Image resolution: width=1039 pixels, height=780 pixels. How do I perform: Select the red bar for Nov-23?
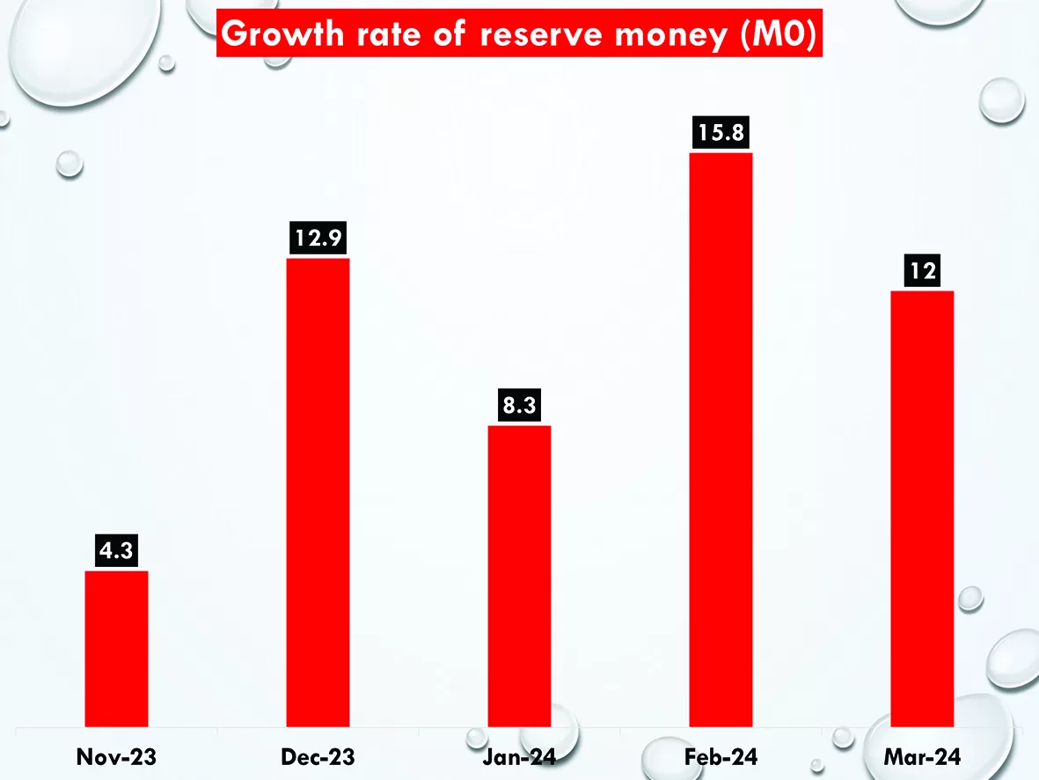point(116,648)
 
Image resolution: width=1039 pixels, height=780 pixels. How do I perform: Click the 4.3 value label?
point(116,553)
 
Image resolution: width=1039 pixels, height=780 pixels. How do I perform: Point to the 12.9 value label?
point(318,239)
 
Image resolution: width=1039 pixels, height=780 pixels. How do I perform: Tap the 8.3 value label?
point(519,408)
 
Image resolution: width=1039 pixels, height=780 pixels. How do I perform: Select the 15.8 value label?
point(721,135)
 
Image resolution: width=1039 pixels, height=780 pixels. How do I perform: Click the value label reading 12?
point(922,273)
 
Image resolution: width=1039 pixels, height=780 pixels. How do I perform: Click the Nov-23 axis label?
point(116,756)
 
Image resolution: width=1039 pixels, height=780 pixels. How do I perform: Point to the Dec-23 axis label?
point(318,756)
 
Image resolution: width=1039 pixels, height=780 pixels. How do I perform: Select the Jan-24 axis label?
point(519,756)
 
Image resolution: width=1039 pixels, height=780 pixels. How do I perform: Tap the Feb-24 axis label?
point(721,756)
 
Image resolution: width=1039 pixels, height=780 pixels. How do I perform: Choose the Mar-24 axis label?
point(922,756)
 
